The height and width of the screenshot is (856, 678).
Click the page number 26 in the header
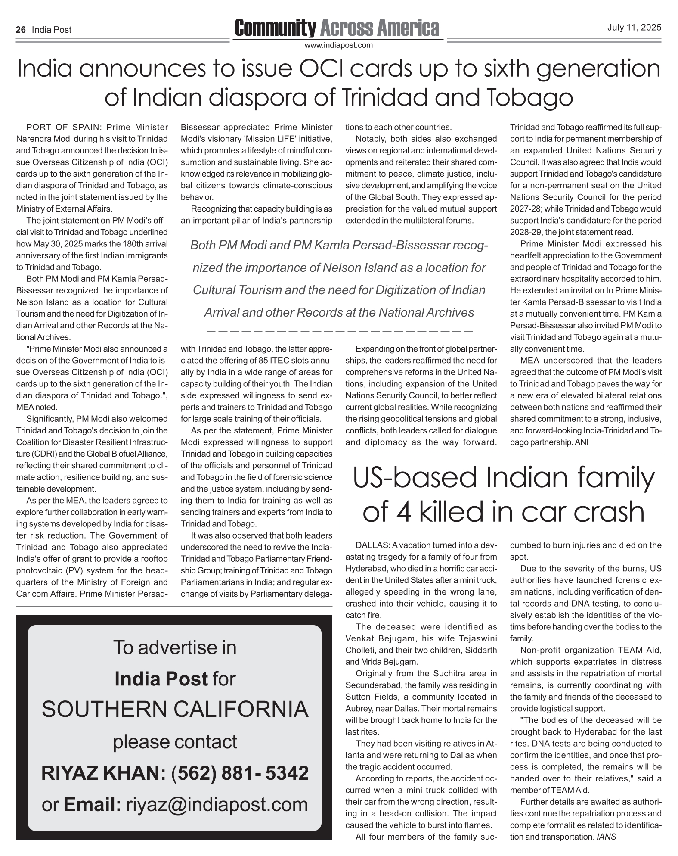(x=21, y=30)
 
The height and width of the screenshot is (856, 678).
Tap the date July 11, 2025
(x=634, y=28)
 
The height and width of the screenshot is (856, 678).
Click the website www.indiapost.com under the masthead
(x=338, y=45)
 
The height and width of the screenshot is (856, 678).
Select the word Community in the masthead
(x=275, y=28)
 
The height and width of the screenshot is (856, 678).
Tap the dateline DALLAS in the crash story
(x=373, y=545)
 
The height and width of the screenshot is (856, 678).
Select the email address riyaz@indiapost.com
(x=217, y=804)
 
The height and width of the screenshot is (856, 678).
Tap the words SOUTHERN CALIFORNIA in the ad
(x=175, y=710)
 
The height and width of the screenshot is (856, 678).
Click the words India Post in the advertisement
(x=161, y=679)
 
